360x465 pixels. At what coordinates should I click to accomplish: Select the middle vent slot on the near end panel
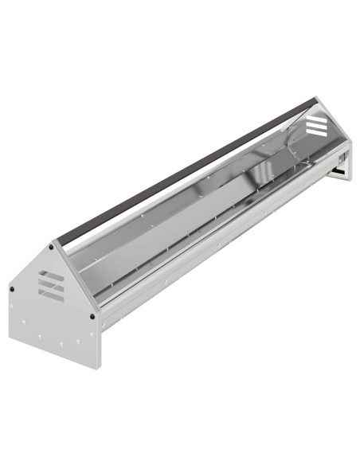click(x=49, y=284)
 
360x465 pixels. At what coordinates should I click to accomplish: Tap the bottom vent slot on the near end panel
click(x=50, y=294)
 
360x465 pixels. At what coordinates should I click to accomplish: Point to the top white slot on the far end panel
click(x=315, y=118)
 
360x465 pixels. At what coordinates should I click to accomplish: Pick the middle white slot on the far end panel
click(x=315, y=125)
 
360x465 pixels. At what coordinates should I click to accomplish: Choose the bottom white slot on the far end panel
click(x=315, y=132)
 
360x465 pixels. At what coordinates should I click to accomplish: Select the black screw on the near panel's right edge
click(x=93, y=316)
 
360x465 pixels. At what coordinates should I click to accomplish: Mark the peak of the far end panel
click(x=317, y=98)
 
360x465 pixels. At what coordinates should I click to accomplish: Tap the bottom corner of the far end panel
click(x=350, y=178)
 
